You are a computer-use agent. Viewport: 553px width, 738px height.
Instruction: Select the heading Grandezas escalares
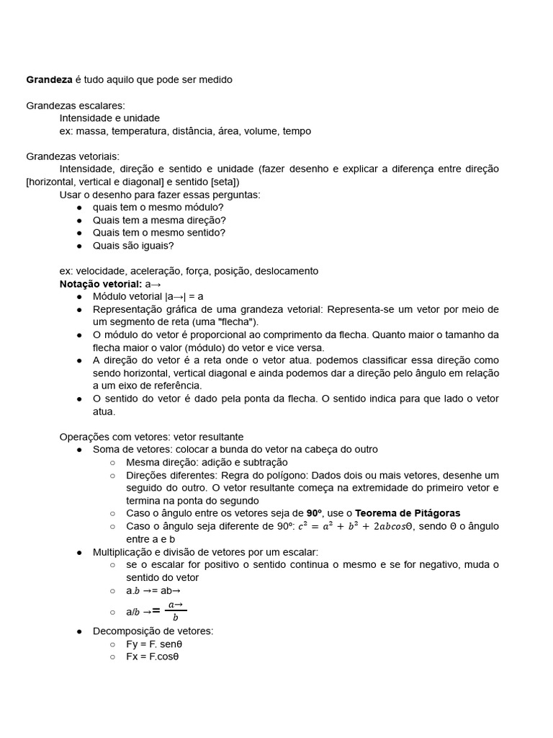point(76,105)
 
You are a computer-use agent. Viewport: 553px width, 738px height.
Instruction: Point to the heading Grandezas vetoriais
point(73,156)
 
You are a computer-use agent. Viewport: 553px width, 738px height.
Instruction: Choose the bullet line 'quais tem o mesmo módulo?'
point(158,207)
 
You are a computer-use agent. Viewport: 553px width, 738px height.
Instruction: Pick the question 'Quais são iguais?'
point(133,246)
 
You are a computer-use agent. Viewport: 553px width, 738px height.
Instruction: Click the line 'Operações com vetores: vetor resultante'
point(151,437)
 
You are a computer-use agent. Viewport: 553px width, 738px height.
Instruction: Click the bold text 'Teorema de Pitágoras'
point(408,513)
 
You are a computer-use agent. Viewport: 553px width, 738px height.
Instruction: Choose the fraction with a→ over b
point(175,610)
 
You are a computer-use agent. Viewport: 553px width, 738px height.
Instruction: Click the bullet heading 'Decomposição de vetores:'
point(153,631)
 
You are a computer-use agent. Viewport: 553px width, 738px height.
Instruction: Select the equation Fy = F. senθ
point(154,644)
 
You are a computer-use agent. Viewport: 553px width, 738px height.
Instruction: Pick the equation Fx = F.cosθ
point(152,657)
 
